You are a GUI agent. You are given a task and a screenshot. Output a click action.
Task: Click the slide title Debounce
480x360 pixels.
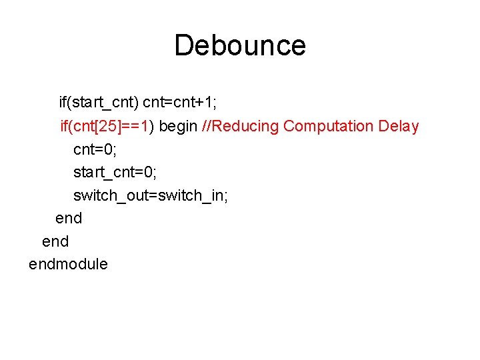[x=240, y=45]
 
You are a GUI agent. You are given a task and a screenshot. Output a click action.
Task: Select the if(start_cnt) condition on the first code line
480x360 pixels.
[x=99, y=103]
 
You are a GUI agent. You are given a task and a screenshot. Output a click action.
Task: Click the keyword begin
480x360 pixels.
[x=179, y=126]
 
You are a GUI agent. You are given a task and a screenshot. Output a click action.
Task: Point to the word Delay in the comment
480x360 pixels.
[x=398, y=126]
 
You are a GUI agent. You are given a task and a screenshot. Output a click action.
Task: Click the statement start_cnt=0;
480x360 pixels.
[x=115, y=173]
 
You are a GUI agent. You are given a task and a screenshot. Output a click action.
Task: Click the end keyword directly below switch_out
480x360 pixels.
[x=69, y=218]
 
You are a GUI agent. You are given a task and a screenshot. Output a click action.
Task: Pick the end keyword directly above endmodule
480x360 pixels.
[x=55, y=241]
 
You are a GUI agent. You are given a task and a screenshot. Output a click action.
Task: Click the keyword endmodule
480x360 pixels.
[x=68, y=264]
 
